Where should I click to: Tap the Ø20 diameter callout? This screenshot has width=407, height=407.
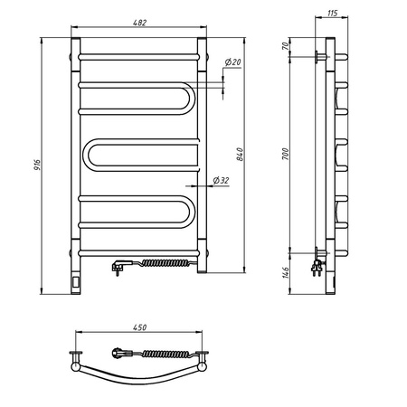tap(231, 62)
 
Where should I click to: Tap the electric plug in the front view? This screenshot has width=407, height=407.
tap(118, 266)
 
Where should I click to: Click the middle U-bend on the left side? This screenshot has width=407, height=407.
tap(89, 156)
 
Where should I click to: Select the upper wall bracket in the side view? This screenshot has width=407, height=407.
tap(316, 56)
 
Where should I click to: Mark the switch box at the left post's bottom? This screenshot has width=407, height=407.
tap(74, 282)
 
